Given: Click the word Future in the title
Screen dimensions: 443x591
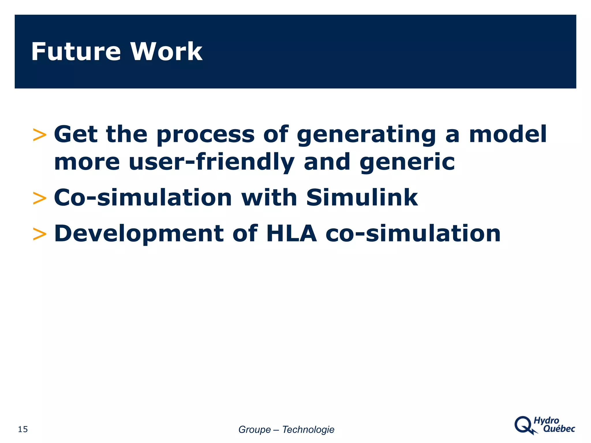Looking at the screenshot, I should [x=76, y=52].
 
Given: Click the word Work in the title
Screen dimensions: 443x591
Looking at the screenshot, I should [x=166, y=52].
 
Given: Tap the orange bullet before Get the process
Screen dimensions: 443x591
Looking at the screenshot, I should [x=40, y=135].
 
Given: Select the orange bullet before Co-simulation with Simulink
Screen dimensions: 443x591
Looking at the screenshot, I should [x=40, y=198].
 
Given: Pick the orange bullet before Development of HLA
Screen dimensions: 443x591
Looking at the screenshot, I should [x=40, y=234].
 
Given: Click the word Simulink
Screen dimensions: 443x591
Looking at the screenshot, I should [x=362, y=198].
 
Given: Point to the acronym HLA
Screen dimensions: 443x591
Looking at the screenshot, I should [x=291, y=233].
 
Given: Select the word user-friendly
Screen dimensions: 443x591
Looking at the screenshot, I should [x=212, y=162].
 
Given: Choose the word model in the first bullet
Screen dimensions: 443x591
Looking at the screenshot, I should [x=508, y=134].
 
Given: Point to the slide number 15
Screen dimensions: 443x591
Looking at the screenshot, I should [x=23, y=429].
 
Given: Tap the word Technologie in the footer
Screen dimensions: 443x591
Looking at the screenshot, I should [x=308, y=429].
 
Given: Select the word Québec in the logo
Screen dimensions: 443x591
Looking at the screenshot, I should [x=559, y=429].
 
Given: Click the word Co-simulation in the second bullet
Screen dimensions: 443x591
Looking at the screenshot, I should [x=143, y=198].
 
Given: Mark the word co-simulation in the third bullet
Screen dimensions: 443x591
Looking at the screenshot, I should [x=413, y=233].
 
